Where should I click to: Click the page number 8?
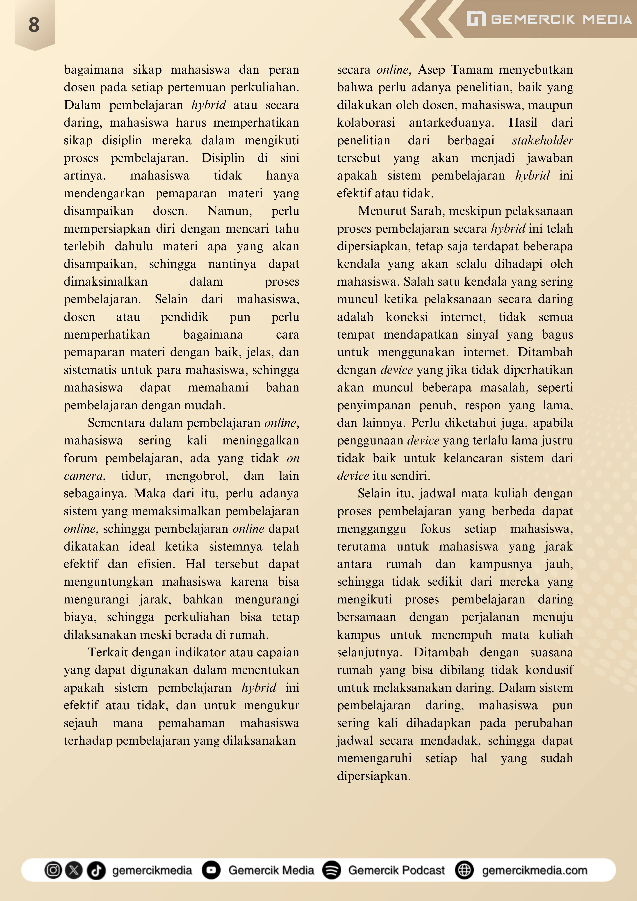coord(34,25)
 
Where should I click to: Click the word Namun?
coord(230,211)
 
